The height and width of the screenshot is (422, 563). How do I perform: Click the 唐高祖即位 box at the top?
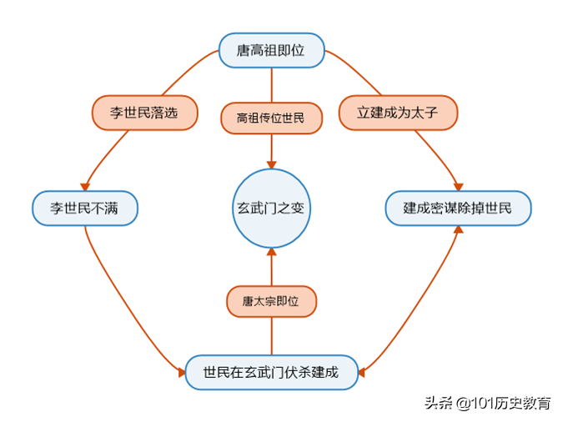pos(271,51)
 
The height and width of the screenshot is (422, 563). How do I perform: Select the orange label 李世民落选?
pos(145,113)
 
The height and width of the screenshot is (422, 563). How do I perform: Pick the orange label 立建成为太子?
pos(399,113)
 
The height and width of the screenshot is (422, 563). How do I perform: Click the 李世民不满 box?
pos(84,208)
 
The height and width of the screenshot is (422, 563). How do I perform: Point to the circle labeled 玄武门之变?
pos(272,208)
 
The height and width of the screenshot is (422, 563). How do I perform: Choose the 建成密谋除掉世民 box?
pos(457,208)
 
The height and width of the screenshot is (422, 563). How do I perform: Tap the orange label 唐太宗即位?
pos(272,301)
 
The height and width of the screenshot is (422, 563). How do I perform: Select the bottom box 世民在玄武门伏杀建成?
pos(272,371)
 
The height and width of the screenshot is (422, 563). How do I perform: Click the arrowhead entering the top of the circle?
pos(272,163)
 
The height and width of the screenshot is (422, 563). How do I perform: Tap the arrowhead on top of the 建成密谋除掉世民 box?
pos(457,188)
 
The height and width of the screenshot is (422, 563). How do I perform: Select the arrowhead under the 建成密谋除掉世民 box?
pos(457,229)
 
